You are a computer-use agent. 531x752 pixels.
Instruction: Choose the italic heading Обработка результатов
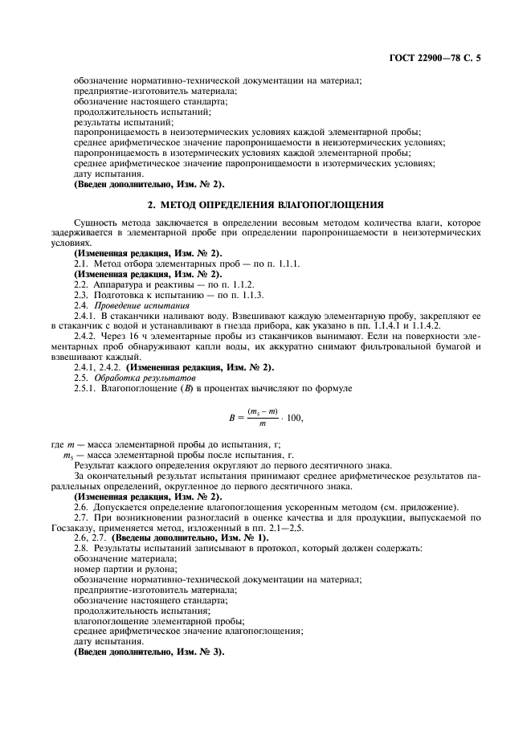click(134, 377)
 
